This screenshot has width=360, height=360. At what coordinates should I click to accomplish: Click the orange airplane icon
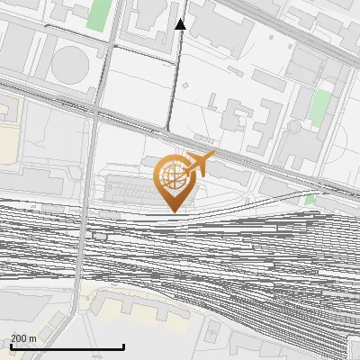click(198, 165)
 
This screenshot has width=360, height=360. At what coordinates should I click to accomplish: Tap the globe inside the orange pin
click(171, 177)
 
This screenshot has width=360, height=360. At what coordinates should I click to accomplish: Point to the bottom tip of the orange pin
click(171, 211)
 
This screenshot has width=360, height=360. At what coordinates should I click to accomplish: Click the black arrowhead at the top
click(180, 24)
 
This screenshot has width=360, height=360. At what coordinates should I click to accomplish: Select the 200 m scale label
click(23, 338)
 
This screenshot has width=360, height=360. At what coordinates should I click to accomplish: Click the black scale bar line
click(67, 347)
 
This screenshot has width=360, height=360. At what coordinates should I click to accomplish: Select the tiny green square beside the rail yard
click(310, 199)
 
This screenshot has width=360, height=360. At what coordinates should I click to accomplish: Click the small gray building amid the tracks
click(99, 236)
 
